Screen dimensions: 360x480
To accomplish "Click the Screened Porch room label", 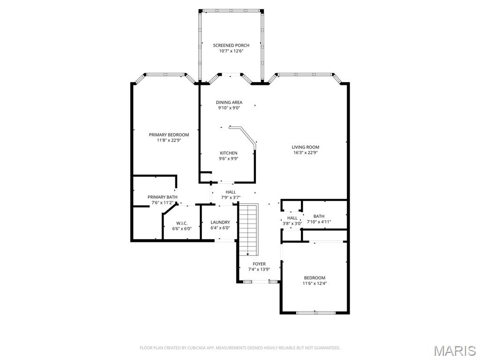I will point(231,45).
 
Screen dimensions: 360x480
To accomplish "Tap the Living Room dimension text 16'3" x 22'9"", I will point(306,152).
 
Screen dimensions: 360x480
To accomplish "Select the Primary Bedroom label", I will point(169,135).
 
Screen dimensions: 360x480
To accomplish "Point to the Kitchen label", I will point(228,153).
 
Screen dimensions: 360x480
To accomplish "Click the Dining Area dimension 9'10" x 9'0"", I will point(229,108).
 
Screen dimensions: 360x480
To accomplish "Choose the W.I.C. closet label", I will point(182,223).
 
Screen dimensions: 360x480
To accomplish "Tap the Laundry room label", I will point(220,222).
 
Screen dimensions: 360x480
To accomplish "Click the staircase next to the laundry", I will point(248,230).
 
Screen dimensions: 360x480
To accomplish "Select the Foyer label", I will point(259,264).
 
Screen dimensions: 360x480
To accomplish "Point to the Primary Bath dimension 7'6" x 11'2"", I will point(161,202).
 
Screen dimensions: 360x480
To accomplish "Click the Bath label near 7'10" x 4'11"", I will point(319,216).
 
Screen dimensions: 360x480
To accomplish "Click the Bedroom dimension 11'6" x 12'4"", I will point(314,283).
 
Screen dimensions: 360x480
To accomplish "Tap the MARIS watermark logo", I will point(454,350).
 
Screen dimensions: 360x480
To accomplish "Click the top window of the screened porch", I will point(231,10).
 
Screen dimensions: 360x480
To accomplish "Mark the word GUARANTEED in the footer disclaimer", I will point(324,348).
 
